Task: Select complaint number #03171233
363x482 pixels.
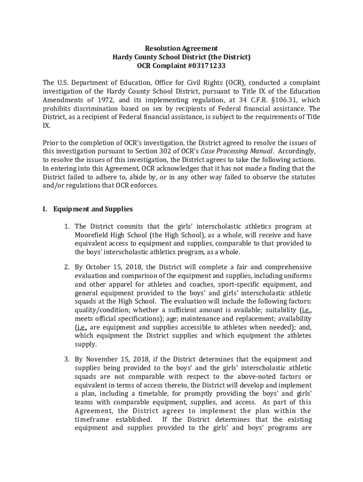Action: (199, 65)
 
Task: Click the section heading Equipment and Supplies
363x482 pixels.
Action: (93, 209)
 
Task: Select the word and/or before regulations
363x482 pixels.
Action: (53, 185)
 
